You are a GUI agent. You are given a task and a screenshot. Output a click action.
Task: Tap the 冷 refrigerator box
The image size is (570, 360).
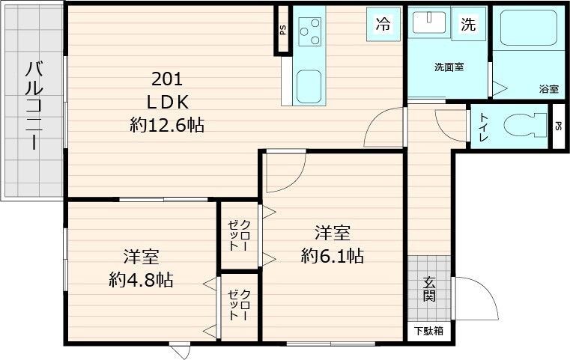[x=383, y=24]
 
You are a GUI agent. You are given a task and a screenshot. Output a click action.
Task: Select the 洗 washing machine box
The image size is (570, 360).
[x=468, y=24]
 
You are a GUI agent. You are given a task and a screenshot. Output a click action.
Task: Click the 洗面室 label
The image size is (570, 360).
[x=449, y=67]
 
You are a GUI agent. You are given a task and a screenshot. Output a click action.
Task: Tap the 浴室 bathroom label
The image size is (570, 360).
[x=548, y=89]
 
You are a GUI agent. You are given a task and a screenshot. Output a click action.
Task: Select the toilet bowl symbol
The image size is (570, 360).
[x=524, y=125]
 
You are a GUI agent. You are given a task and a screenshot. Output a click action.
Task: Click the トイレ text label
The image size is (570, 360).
[x=484, y=125]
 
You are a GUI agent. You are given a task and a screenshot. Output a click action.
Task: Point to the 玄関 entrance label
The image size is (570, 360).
[x=430, y=289]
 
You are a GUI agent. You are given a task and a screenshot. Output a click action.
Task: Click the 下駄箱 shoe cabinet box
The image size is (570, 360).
[x=429, y=330]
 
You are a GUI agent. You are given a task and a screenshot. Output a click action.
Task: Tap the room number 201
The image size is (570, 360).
[x=167, y=79]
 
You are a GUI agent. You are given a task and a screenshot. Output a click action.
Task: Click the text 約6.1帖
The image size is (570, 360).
[x=333, y=257]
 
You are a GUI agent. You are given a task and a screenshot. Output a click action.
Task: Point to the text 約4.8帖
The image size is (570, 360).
[x=141, y=279]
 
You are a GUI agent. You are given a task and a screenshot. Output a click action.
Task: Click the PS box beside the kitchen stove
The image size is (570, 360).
[x=282, y=31]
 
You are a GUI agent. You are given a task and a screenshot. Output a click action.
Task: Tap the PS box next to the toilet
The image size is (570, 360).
[x=558, y=126]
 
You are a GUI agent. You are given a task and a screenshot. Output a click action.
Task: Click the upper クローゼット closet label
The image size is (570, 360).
[x=240, y=234]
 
